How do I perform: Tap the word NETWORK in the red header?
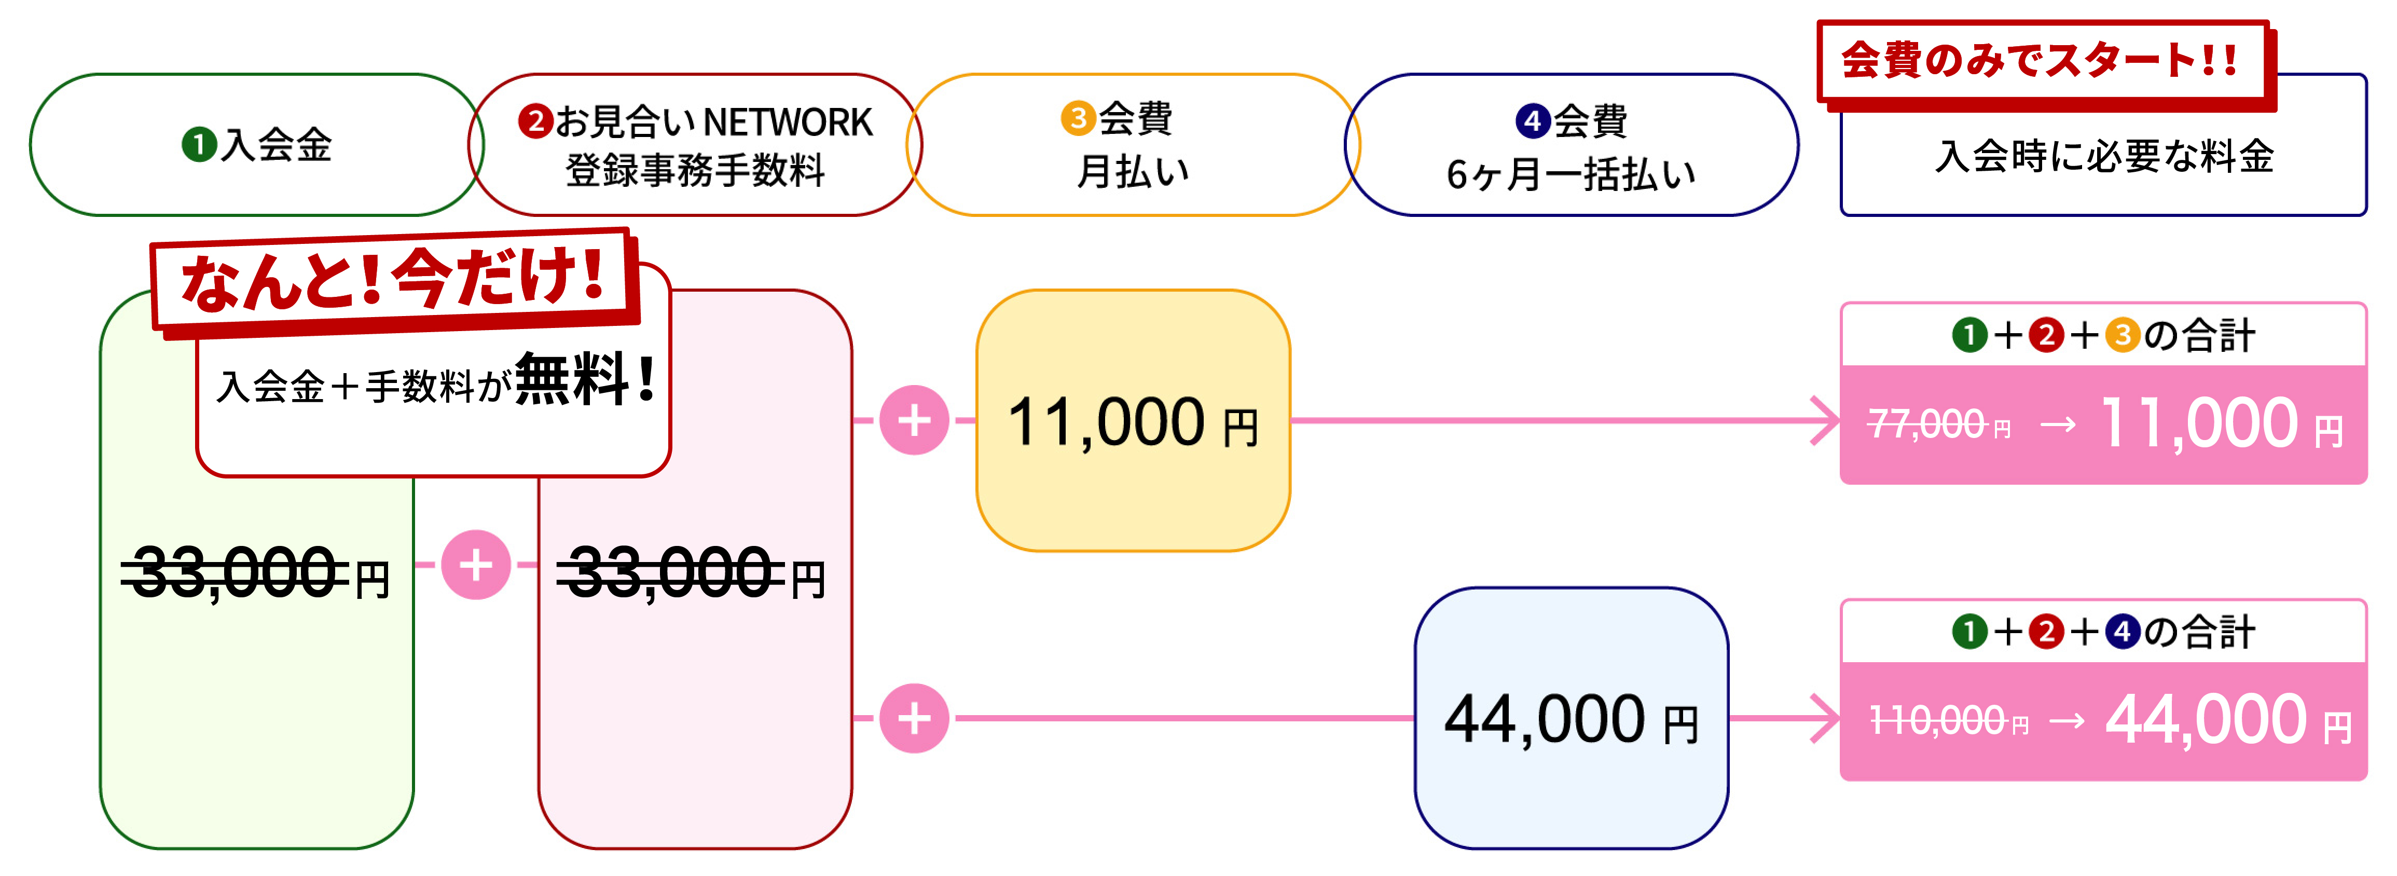(x=787, y=122)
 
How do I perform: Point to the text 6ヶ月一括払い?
(x=1571, y=174)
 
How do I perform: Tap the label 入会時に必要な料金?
(x=2104, y=156)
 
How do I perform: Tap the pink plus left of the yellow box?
(x=914, y=420)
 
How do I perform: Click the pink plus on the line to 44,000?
(x=914, y=718)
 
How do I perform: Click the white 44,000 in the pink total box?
(x=2206, y=720)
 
